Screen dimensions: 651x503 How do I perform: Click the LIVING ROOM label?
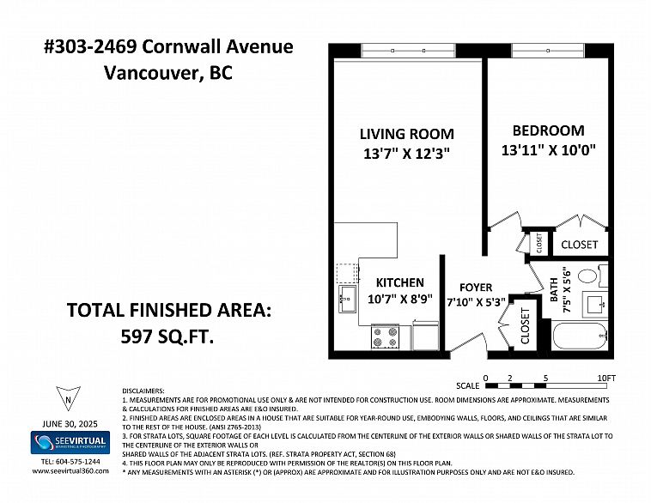(x=406, y=134)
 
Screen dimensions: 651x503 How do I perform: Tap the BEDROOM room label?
(x=549, y=130)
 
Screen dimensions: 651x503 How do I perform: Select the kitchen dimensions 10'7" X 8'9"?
(x=400, y=299)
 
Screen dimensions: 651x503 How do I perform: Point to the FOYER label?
(x=476, y=288)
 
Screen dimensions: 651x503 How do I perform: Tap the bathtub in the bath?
(x=580, y=336)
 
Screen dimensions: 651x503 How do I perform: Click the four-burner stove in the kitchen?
(x=385, y=336)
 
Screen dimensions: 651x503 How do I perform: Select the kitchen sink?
(x=347, y=299)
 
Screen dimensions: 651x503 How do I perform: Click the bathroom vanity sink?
(x=595, y=304)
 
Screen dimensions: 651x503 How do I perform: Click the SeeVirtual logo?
(x=70, y=442)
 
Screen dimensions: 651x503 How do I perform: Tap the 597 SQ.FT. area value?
(x=167, y=336)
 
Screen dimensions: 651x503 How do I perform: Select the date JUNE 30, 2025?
(x=70, y=424)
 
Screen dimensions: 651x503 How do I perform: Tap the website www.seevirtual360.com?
(x=70, y=470)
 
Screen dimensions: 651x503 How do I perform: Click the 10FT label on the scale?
(x=606, y=378)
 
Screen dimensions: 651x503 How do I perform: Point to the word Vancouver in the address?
(x=150, y=74)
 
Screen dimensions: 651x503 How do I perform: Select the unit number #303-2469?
(x=90, y=46)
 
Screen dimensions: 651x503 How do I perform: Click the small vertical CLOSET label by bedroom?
(x=539, y=243)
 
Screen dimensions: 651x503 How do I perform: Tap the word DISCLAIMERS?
(x=143, y=391)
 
